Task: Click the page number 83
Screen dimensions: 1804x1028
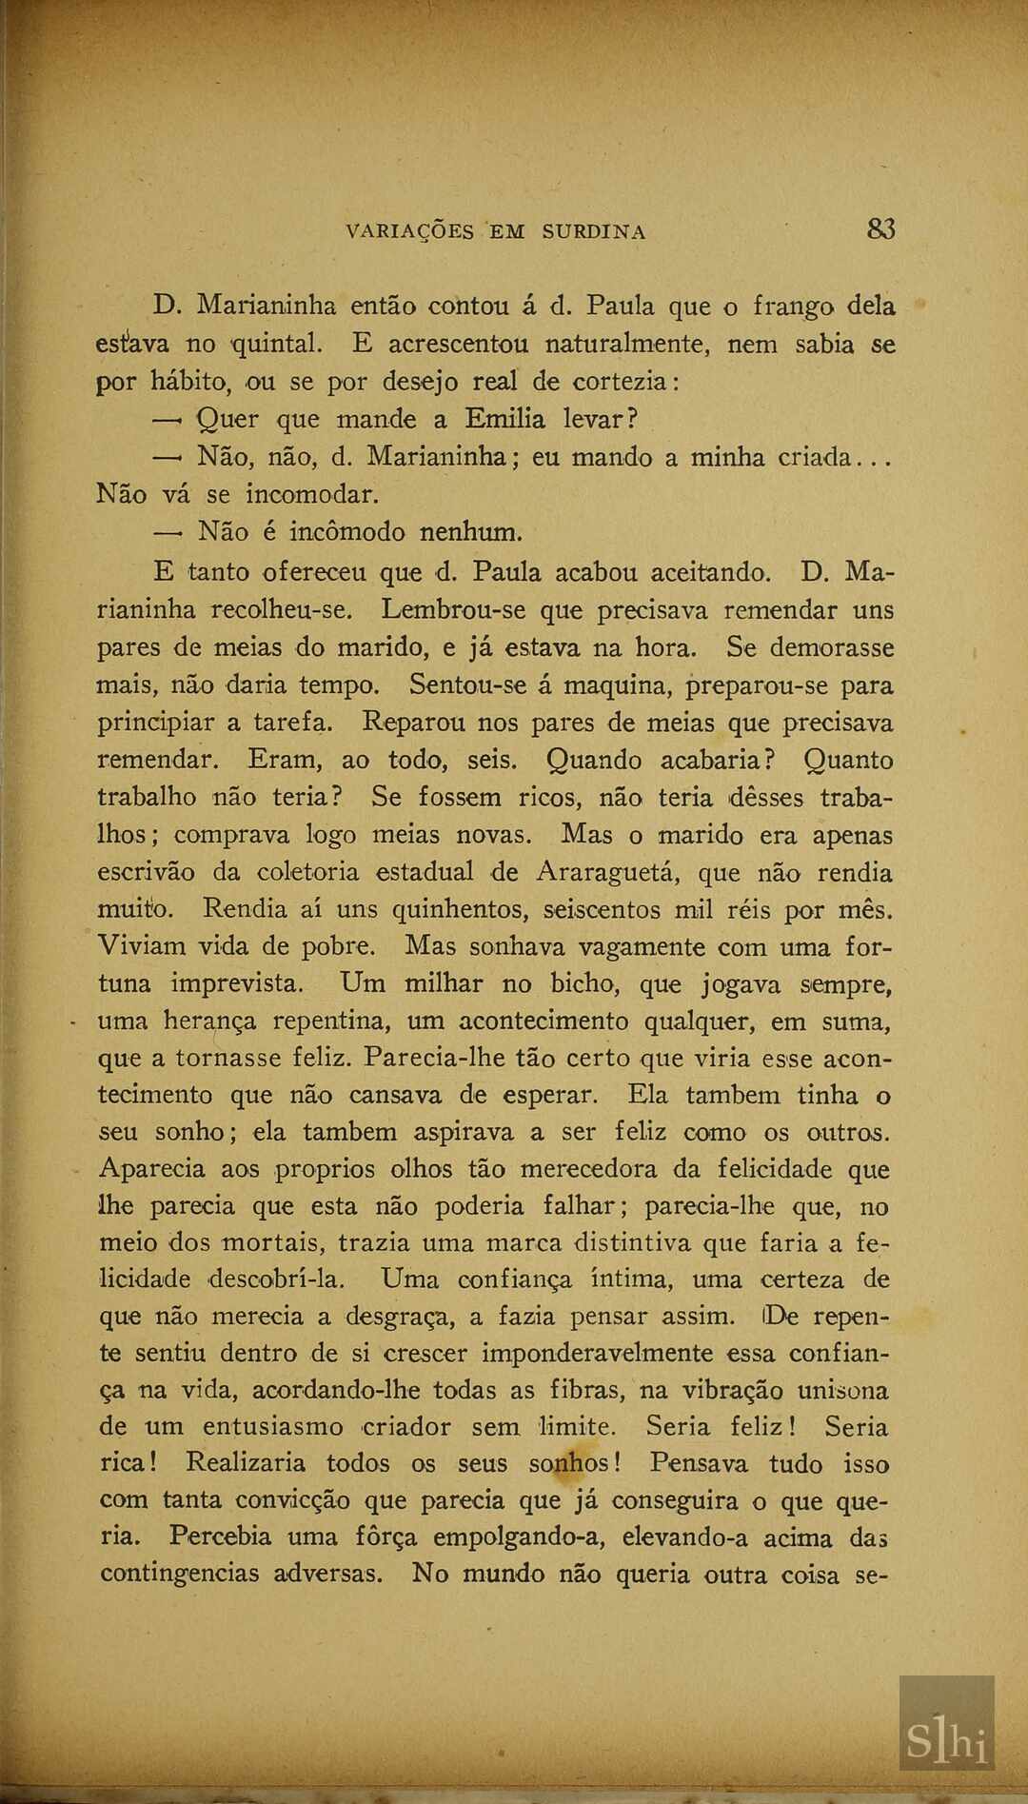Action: tap(880, 229)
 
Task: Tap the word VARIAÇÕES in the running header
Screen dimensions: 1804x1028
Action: tap(410, 232)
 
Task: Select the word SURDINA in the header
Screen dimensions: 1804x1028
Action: tap(594, 232)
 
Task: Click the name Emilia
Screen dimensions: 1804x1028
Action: tap(504, 419)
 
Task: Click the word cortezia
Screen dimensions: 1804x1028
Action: tap(623, 382)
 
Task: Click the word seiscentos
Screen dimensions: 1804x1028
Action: tap(603, 910)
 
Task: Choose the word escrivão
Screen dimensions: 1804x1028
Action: tap(146, 872)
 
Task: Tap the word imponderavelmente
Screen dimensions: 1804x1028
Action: tap(597, 1354)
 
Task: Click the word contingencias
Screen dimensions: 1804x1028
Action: tap(180, 1574)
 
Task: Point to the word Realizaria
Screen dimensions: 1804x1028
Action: tap(246, 1463)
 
